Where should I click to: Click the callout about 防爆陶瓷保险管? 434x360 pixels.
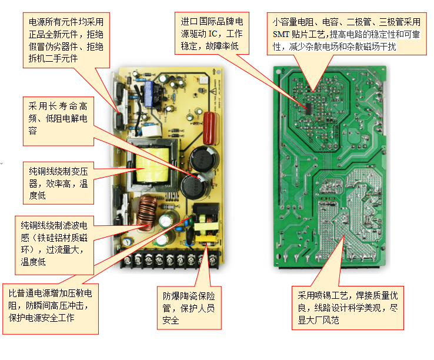[188, 306]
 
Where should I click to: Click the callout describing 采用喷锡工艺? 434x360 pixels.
[347, 308]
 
